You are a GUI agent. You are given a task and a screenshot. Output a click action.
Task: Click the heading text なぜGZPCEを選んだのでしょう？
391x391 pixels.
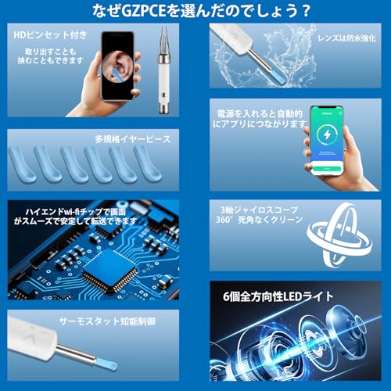tap(195, 12)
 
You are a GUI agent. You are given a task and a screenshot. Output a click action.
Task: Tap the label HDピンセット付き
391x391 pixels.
tap(44, 36)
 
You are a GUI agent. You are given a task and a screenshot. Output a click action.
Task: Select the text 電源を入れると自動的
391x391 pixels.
tap(255, 113)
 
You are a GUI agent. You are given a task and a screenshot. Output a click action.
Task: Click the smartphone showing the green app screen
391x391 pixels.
tap(322, 140)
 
